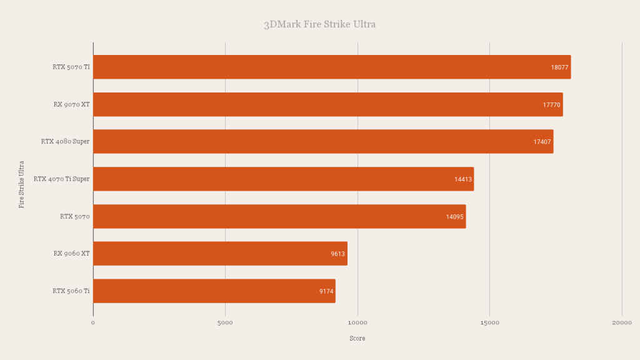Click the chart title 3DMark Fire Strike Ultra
[x=319, y=24]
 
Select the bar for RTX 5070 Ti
[x=331, y=67]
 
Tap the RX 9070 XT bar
[x=327, y=104]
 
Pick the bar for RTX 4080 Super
[x=322, y=141]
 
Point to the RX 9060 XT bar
[x=219, y=253]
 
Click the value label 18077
[x=559, y=67]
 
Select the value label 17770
[x=551, y=105]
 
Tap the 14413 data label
[x=463, y=179]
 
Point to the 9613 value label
[x=337, y=254]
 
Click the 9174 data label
[x=326, y=291]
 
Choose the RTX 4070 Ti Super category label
[x=61, y=179]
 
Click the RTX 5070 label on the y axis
[x=75, y=216]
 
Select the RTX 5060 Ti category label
[x=71, y=291]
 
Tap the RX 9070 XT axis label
[x=71, y=104]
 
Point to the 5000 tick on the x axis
[x=225, y=322]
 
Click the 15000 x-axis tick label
[x=489, y=322]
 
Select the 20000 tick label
[x=621, y=322]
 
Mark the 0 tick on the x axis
[x=93, y=322]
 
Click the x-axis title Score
[x=357, y=338]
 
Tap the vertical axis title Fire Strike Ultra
[x=21, y=184]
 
